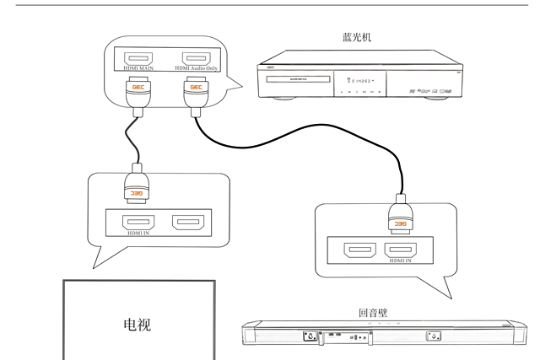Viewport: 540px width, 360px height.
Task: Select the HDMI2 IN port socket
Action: click(x=400, y=250)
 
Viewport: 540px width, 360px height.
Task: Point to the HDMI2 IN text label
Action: click(x=400, y=261)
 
